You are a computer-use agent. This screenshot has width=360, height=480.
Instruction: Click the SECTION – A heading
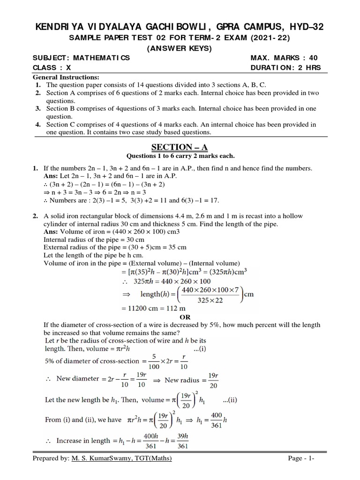[180, 148]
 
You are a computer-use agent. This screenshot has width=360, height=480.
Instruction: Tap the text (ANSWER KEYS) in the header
[180, 48]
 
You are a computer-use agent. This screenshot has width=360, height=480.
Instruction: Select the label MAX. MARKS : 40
[284, 58]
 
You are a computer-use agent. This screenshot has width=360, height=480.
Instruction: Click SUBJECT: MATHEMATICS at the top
[81, 58]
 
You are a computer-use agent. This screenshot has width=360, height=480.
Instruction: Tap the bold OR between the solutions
[180, 316]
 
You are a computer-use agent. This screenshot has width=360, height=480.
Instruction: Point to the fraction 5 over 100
[152, 361]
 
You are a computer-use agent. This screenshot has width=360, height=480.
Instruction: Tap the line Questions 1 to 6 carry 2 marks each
[180, 156]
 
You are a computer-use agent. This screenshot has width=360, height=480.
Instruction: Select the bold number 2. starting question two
[35, 216]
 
